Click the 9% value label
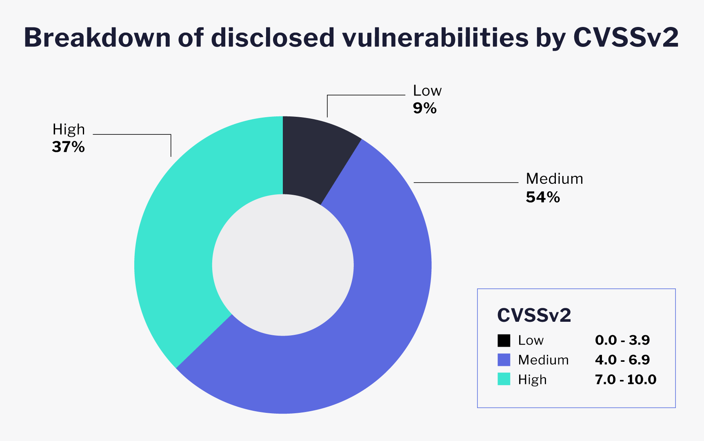click(x=425, y=108)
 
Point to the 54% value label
click(x=543, y=197)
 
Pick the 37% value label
click(x=68, y=147)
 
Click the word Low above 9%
click(x=427, y=90)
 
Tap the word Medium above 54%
click(x=554, y=179)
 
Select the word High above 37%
click(x=69, y=129)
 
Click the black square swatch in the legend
click(x=504, y=340)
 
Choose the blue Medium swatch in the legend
click(x=504, y=360)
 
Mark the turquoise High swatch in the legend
click(x=504, y=379)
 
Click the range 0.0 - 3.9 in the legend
click(x=622, y=340)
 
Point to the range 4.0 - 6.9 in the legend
click(x=622, y=360)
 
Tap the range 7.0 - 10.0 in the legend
click(x=625, y=379)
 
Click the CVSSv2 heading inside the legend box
click(x=534, y=315)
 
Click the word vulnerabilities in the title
click(x=435, y=38)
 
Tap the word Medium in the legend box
click(x=543, y=360)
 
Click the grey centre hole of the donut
click(x=283, y=265)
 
